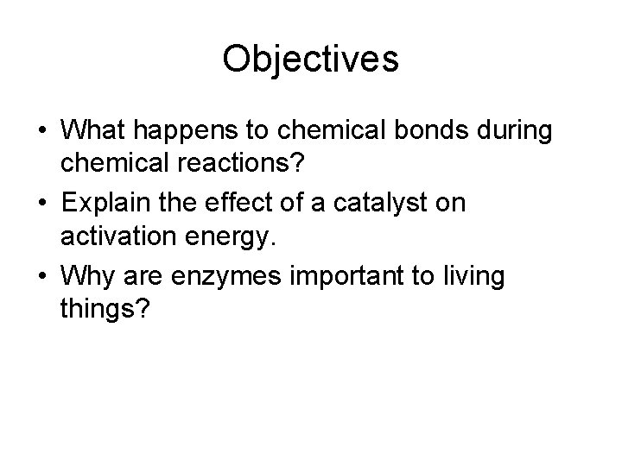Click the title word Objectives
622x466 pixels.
[310, 60]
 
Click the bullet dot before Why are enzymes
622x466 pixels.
[41, 276]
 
